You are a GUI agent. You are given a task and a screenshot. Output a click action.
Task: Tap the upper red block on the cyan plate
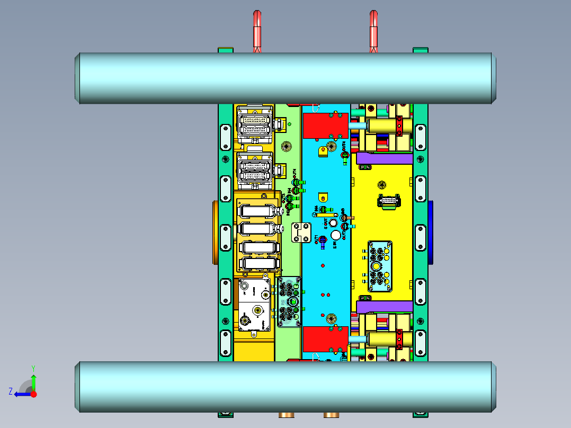pyautogui.click(x=325, y=126)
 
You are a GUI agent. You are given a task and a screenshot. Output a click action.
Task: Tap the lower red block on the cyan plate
pyautogui.click(x=325, y=339)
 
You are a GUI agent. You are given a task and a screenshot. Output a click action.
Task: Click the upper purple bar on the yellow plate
pyautogui.click(x=385, y=158)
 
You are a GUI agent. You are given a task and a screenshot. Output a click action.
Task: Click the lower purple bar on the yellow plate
pyautogui.click(x=385, y=306)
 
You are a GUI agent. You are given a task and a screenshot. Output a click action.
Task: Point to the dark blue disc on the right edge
pyautogui.click(x=431, y=232)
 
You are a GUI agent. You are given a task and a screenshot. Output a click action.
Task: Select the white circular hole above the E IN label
pyautogui.click(x=335, y=235)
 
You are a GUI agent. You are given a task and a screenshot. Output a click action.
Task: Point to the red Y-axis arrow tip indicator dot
pyautogui.click(x=34, y=394)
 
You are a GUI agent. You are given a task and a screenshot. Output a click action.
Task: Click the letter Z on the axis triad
pyautogui.click(x=11, y=391)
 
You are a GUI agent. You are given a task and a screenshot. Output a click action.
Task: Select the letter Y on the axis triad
pyautogui.click(x=33, y=368)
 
